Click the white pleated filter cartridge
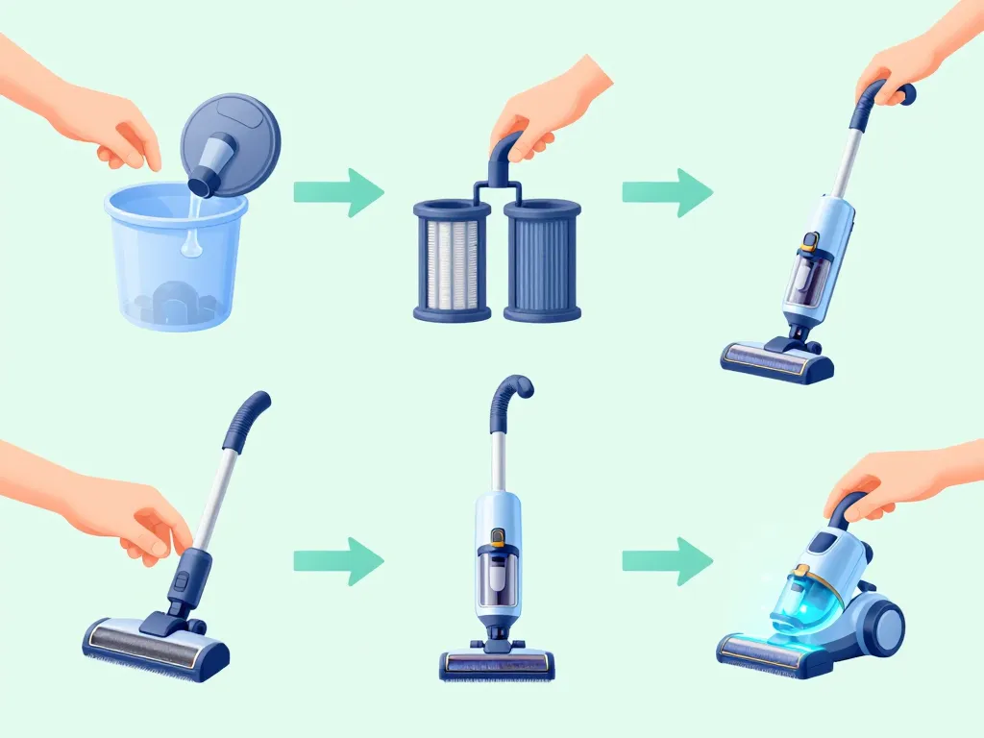click(x=452, y=259)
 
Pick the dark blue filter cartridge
click(x=542, y=259)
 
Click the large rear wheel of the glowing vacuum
click(x=879, y=625)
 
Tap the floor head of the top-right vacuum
click(x=778, y=360)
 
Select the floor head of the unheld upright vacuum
click(x=497, y=663)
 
